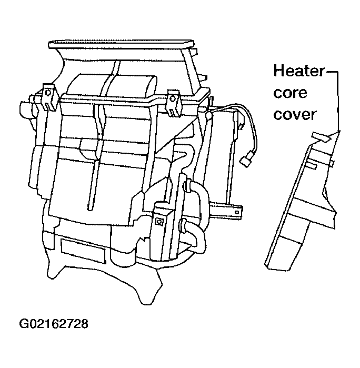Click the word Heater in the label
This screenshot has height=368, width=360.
point(299,71)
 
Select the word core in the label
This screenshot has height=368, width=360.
point(290,93)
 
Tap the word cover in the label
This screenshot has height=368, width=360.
point(295,115)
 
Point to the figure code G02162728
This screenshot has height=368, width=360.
point(54,324)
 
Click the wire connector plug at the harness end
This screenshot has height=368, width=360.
point(246,160)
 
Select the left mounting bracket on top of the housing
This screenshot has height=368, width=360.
point(48,96)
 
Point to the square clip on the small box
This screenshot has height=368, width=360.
point(159,221)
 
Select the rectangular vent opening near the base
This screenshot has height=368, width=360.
point(83,251)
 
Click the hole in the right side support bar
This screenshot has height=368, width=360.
point(237,212)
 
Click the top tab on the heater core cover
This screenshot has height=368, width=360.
point(321,137)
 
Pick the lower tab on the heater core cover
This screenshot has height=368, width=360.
point(311,165)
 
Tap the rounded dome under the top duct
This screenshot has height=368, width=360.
point(112,86)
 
